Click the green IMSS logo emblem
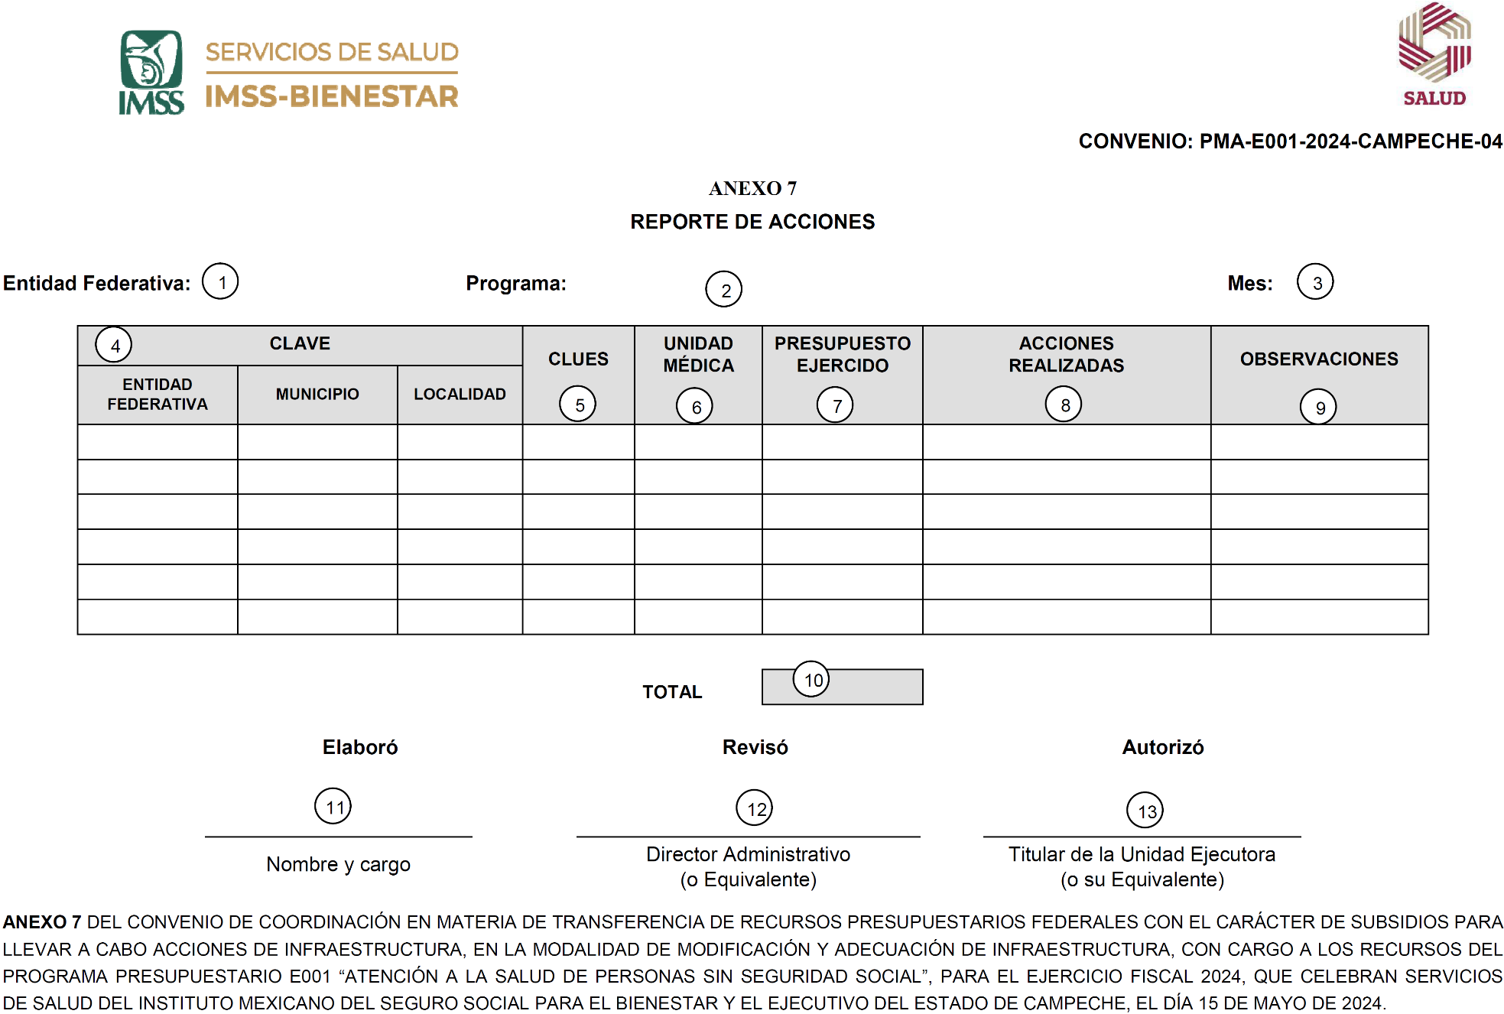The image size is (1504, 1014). click(151, 61)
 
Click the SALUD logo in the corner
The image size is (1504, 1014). click(1434, 54)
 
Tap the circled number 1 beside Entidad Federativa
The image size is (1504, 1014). click(220, 281)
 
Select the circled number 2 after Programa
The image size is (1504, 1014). click(723, 289)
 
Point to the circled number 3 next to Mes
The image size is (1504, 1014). click(1315, 281)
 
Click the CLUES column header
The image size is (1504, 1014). click(578, 359)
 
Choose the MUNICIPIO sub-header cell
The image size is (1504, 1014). click(317, 394)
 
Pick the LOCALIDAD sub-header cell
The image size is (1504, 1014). click(460, 394)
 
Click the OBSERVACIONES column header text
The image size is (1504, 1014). click(1319, 359)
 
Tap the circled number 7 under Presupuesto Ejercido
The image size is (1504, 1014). click(835, 405)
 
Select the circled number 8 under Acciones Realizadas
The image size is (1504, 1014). click(1064, 404)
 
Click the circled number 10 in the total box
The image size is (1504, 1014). click(811, 679)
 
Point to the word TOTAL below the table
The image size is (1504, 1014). click(671, 692)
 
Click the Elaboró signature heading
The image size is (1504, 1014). click(360, 747)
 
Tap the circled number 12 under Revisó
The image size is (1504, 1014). click(755, 808)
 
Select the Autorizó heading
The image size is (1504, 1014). click(1162, 747)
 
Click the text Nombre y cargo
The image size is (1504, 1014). click(338, 864)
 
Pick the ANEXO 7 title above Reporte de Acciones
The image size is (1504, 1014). click(752, 188)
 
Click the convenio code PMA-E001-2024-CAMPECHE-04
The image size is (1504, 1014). click(1350, 141)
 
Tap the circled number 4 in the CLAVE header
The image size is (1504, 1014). click(114, 345)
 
